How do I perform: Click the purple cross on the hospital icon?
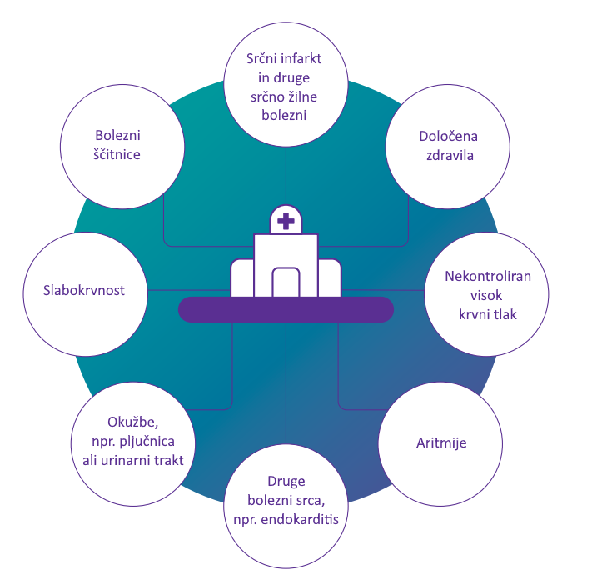point(286,222)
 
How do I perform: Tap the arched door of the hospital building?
point(286,282)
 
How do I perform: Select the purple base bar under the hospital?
point(286,309)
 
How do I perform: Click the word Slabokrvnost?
point(84,290)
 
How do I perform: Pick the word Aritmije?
point(441,442)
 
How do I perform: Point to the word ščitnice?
point(117,154)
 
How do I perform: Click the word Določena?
point(449,136)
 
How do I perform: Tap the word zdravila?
point(450,155)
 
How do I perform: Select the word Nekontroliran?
point(488,276)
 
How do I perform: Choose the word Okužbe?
point(133,422)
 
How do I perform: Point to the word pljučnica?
point(147,442)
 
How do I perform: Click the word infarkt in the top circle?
point(301,59)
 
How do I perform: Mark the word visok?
point(486,295)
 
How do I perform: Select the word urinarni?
point(125,460)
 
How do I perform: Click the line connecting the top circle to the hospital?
point(286,176)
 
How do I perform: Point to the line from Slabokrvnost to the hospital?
point(189,290)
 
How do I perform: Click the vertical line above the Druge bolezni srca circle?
point(286,382)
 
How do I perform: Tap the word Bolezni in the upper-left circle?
point(118,135)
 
